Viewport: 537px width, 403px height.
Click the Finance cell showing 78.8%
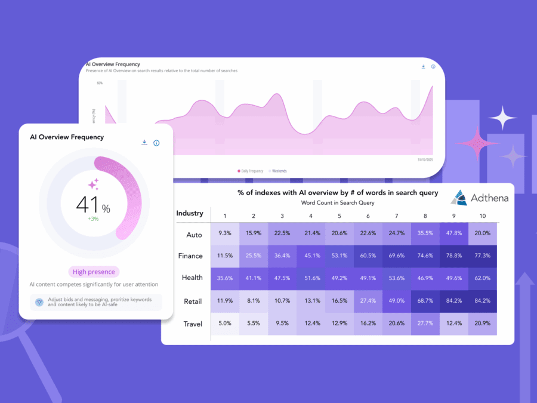(x=453, y=256)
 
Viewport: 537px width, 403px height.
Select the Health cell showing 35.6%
(x=224, y=278)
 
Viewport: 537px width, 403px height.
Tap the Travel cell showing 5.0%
(x=224, y=324)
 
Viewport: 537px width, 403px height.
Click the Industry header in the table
(x=190, y=213)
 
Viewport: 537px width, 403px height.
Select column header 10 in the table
(x=482, y=216)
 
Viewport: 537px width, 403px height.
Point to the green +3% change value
(x=92, y=219)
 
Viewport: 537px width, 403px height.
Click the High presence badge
(x=94, y=272)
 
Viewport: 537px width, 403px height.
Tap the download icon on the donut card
(x=144, y=142)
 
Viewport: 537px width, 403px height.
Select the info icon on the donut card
(x=156, y=143)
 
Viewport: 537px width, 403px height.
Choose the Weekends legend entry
(x=277, y=171)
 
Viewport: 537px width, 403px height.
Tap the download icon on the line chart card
(x=423, y=66)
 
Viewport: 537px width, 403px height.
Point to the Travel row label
(x=193, y=324)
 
